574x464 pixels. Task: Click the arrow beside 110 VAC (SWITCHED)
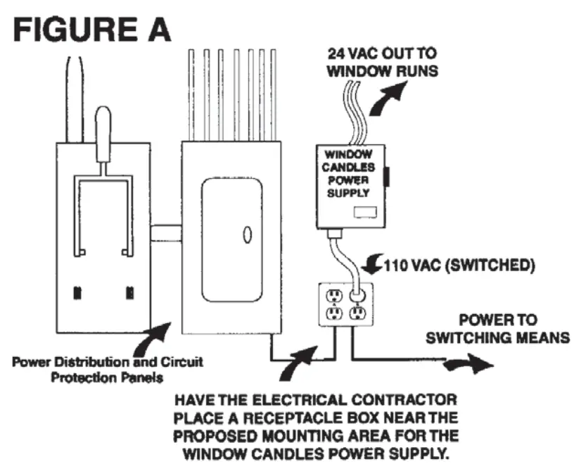coord(371,265)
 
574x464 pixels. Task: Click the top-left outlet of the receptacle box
coord(332,294)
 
